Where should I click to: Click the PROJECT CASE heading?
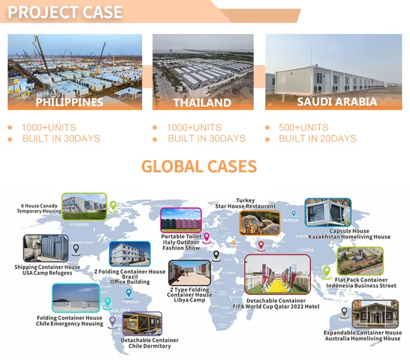65,12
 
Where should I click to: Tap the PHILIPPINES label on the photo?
69,102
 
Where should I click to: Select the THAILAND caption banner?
202,102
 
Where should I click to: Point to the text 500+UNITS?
303,127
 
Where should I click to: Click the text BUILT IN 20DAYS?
317,139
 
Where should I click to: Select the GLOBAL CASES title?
199,166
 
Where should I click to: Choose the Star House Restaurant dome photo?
259,223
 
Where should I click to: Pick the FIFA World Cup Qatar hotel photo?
277,275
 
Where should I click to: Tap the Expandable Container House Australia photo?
375,314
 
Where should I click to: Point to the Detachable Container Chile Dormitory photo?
142,324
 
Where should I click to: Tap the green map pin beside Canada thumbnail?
113,206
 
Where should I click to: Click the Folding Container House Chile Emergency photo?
75,299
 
